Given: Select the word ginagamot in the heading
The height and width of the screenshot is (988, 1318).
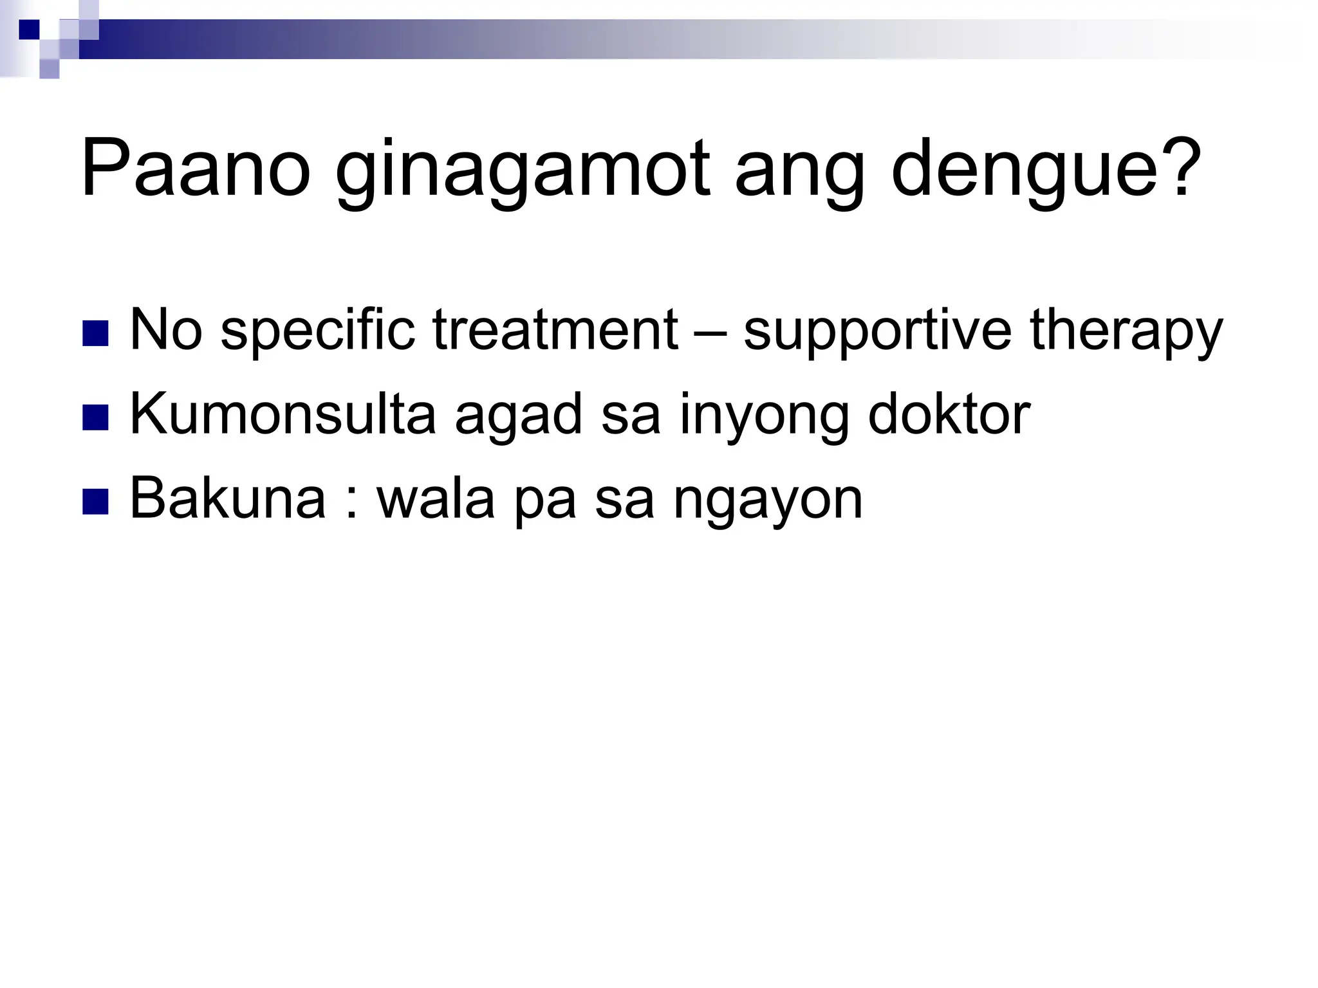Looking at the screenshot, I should pyautogui.click(x=523, y=172).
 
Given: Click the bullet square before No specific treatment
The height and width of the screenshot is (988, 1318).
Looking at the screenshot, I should pyautogui.click(x=95, y=333).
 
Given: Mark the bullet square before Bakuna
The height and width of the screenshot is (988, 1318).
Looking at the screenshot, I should pyautogui.click(x=95, y=501).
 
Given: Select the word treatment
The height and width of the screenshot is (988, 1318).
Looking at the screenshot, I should pyautogui.click(x=555, y=329).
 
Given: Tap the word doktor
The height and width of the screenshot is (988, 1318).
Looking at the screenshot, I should pyautogui.click(x=949, y=414).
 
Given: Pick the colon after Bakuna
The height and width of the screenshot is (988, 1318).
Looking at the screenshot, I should pyautogui.click(x=351, y=502).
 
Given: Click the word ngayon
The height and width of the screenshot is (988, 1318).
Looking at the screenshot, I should pyautogui.click(x=767, y=500).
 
